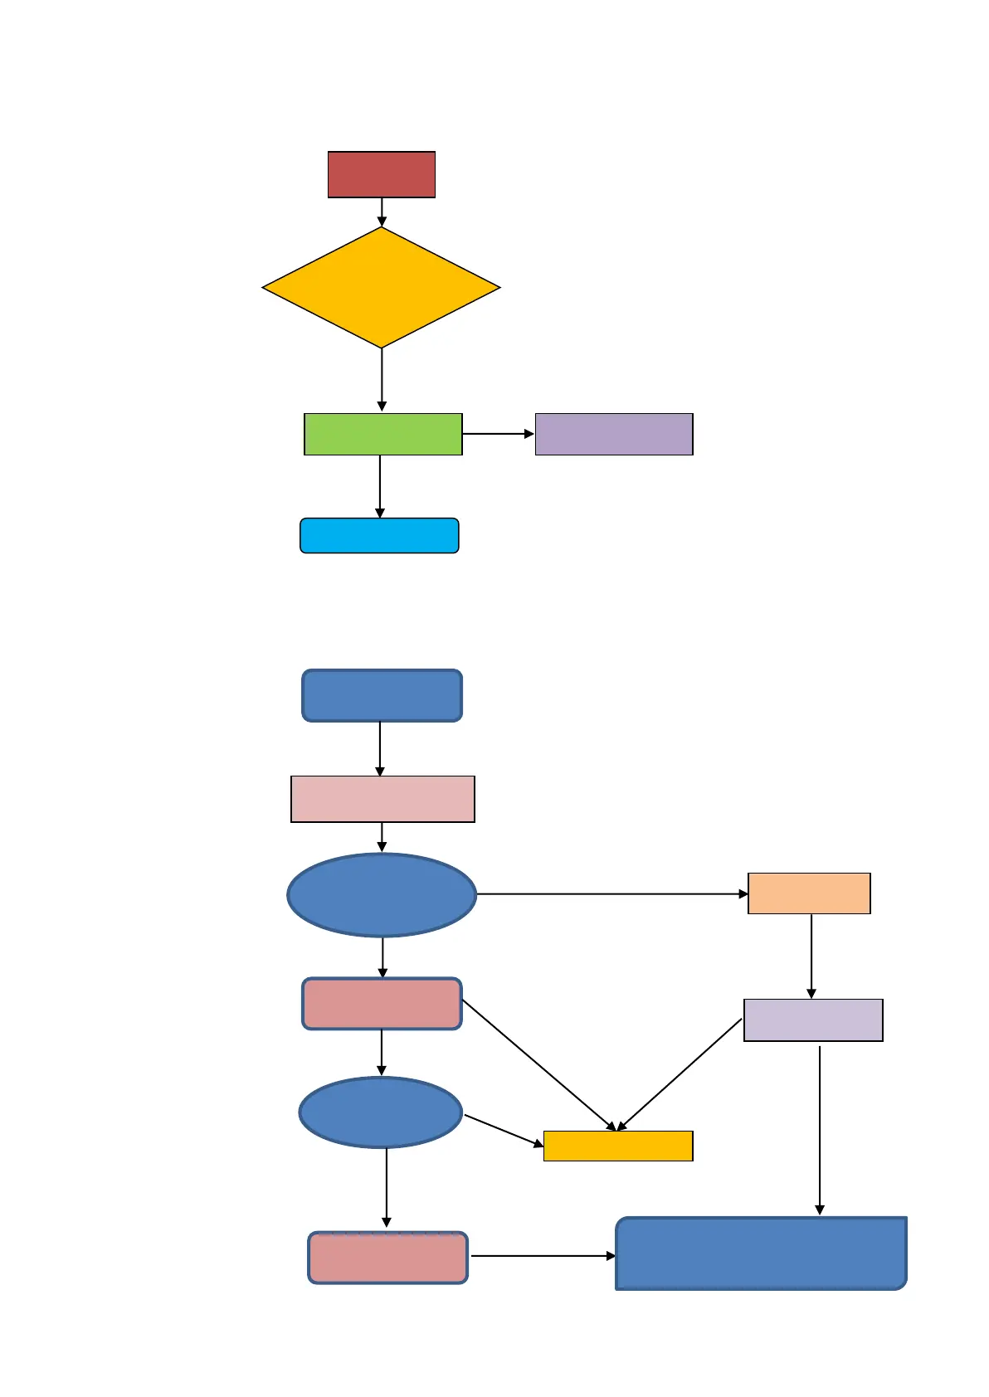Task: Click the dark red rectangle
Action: [382, 174]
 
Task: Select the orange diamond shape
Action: [382, 288]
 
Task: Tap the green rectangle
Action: [383, 434]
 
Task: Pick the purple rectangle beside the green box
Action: [614, 434]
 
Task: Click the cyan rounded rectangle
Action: [379, 536]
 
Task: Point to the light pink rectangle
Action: [382, 799]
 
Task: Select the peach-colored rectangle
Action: [809, 893]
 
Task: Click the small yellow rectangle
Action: [618, 1146]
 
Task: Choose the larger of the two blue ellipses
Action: [382, 895]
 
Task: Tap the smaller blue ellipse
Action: [380, 1112]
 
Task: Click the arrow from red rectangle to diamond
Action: [382, 212]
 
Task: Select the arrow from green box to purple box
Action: [498, 434]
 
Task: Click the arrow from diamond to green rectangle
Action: [382, 379]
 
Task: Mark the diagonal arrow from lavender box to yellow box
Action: [680, 1073]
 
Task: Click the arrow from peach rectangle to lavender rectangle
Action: [811, 956]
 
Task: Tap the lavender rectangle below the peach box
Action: [813, 1020]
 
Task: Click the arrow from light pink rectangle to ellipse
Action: [382, 837]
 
